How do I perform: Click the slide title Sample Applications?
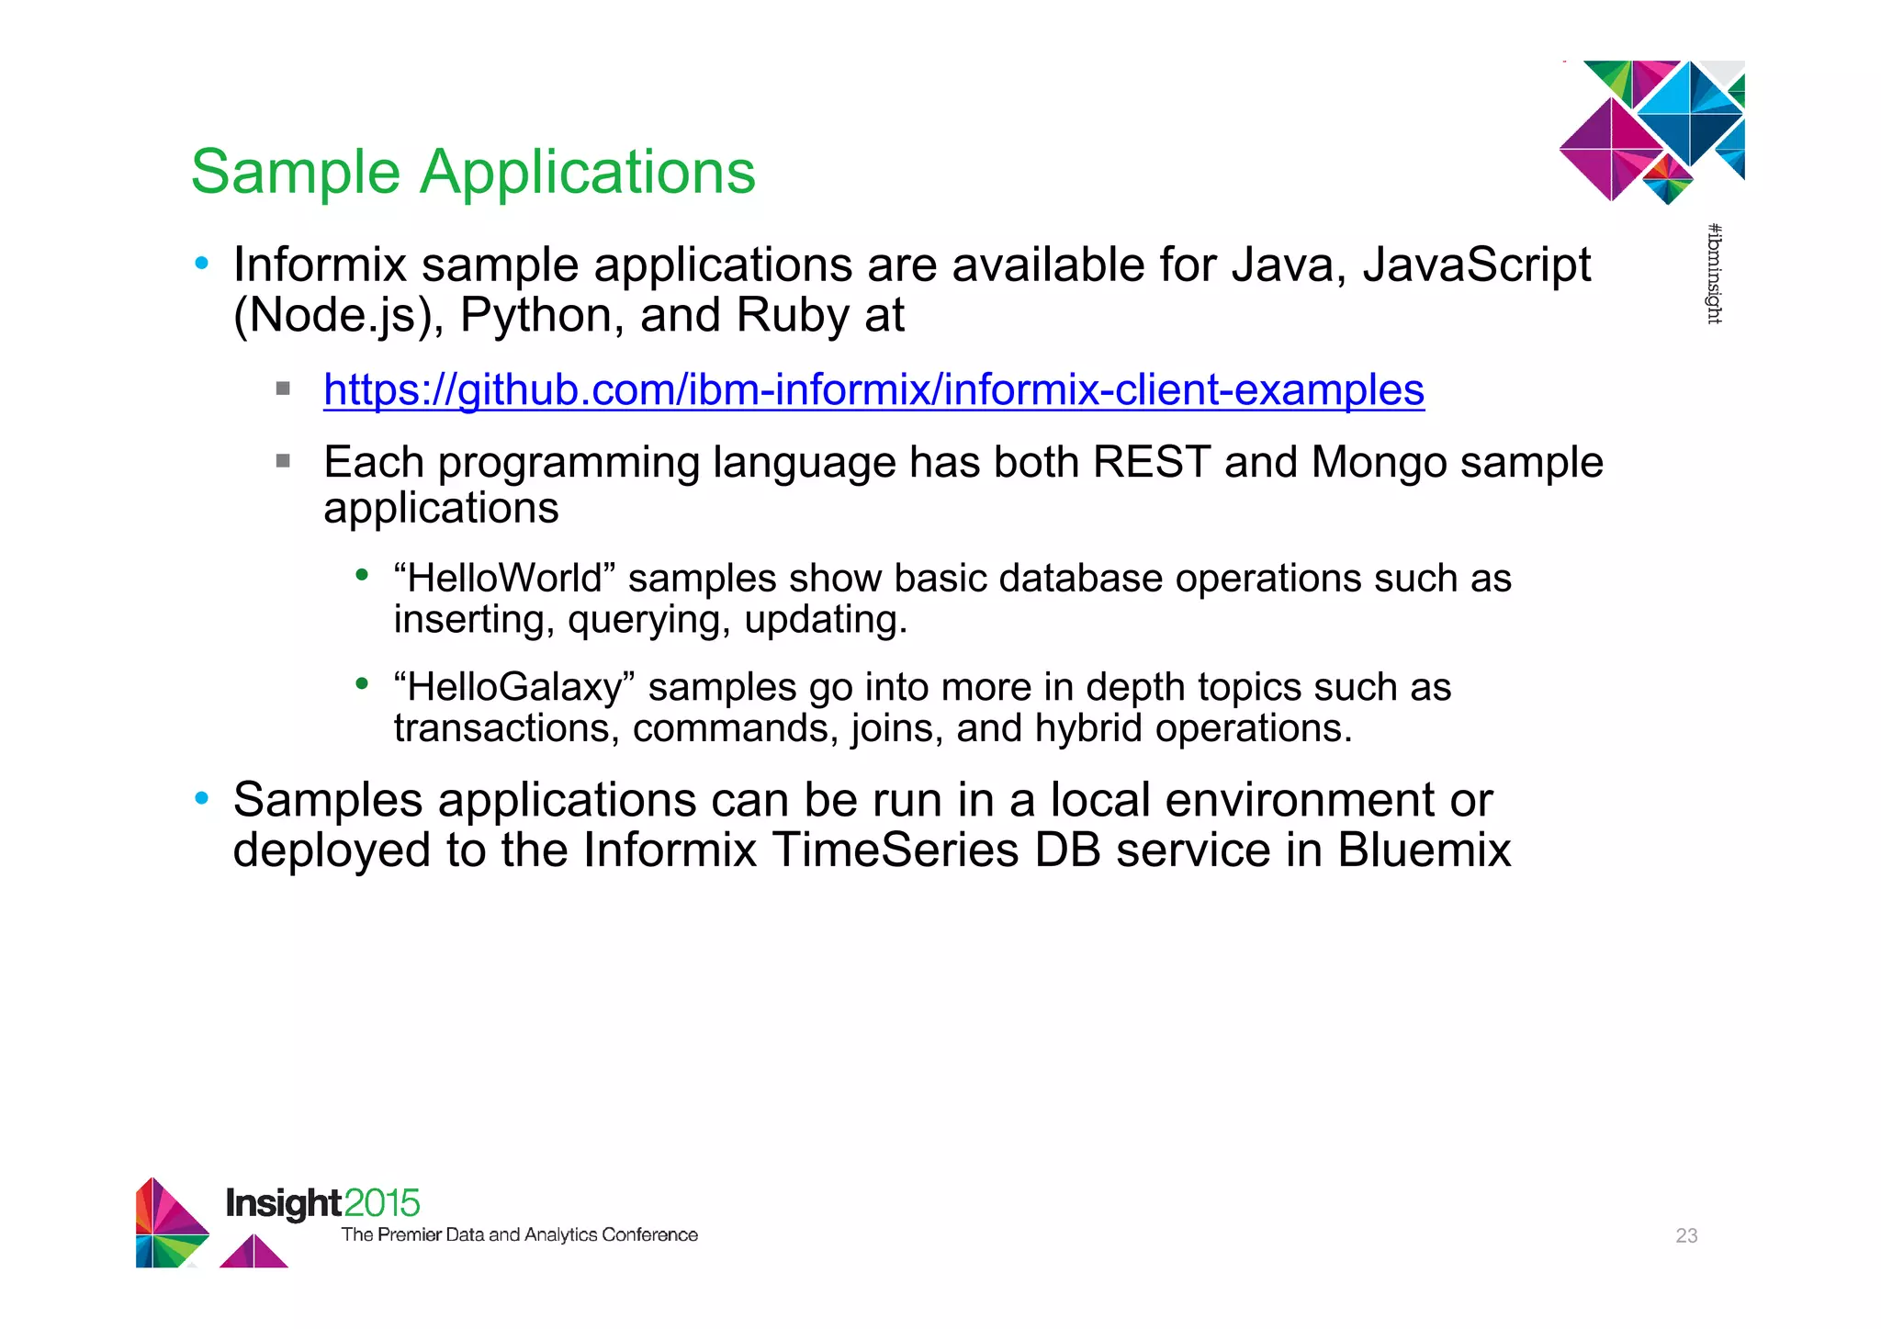click(x=472, y=172)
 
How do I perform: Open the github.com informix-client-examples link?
click(x=873, y=389)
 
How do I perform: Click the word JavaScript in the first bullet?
click(x=1476, y=265)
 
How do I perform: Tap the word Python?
click(x=536, y=316)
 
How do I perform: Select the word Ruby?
click(x=793, y=316)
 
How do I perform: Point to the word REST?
click(x=1151, y=462)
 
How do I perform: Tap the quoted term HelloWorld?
click(x=504, y=579)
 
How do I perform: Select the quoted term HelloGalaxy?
click(x=514, y=687)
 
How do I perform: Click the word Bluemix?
click(x=1424, y=850)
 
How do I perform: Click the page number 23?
click(x=1686, y=1235)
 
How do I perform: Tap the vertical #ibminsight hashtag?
click(x=1714, y=274)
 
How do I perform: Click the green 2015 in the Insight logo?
click(x=382, y=1203)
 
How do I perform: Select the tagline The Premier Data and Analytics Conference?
click(x=519, y=1234)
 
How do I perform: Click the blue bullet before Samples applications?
click(x=202, y=798)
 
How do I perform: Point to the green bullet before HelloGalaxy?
click(x=362, y=683)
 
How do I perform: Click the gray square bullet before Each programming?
click(x=283, y=460)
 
